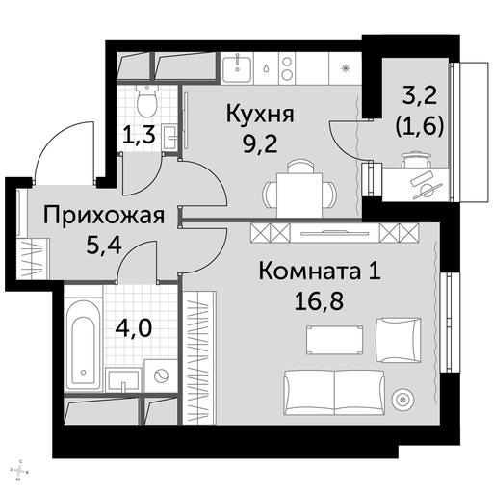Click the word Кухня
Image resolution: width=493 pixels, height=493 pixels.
pyautogui.click(x=260, y=116)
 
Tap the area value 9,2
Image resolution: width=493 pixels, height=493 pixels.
pyautogui.click(x=260, y=144)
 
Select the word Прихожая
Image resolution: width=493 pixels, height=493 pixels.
pyautogui.click(x=104, y=217)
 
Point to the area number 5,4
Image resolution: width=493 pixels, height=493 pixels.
pyautogui.click(x=104, y=246)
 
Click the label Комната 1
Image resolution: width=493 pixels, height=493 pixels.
pyautogui.click(x=320, y=272)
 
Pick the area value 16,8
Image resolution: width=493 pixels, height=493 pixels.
pyautogui.click(x=319, y=301)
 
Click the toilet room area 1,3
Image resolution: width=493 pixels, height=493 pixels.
pyautogui.click(x=140, y=135)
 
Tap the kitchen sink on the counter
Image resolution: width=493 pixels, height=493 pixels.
pyautogui.click(x=237, y=68)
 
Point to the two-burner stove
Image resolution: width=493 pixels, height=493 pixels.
pyautogui.click(x=286, y=68)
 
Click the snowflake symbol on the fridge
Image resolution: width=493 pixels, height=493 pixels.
pyautogui.click(x=346, y=68)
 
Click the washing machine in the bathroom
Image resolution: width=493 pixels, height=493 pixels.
pyautogui.click(x=160, y=376)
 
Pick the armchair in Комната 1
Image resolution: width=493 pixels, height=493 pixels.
pyautogui.click(x=398, y=340)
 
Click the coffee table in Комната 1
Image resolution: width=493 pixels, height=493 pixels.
pyautogui.click(x=334, y=340)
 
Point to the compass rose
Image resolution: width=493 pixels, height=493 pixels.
pyautogui.click(x=20, y=480)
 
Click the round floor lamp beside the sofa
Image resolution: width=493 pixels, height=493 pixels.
pyautogui.click(x=402, y=400)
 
